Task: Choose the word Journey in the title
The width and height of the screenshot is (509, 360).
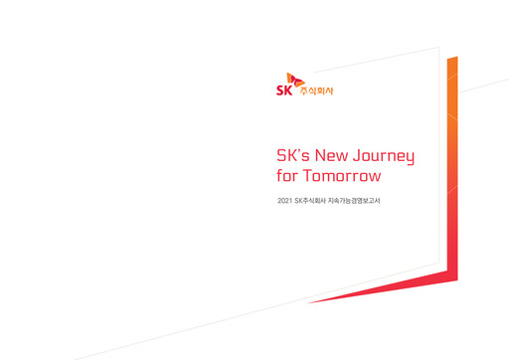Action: (x=388, y=157)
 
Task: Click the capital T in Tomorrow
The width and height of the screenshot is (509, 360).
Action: (x=307, y=176)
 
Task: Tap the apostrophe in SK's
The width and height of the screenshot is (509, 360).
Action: (x=301, y=151)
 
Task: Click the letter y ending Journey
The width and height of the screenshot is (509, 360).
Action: (x=410, y=159)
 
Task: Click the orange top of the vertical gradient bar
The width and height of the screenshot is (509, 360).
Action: (x=452, y=62)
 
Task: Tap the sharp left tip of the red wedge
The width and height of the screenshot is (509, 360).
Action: (x=306, y=300)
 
